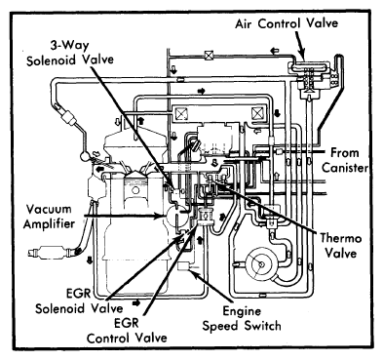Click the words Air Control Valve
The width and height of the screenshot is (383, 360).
[x=287, y=23]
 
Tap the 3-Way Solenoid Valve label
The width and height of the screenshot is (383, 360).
[x=70, y=53]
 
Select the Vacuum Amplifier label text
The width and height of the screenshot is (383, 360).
[x=49, y=217]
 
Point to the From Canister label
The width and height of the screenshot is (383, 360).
[x=345, y=160]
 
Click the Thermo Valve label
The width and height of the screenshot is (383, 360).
[x=341, y=245]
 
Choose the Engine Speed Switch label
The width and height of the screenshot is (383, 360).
[x=242, y=318]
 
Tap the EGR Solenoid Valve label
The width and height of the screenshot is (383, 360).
[x=79, y=301]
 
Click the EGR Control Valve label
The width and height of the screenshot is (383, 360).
[x=127, y=331]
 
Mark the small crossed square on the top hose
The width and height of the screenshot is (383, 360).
[x=209, y=55]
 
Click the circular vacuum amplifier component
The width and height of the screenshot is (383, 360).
[x=176, y=217]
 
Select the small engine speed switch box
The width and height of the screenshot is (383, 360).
[x=183, y=266]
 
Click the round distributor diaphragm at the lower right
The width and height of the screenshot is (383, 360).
[x=261, y=265]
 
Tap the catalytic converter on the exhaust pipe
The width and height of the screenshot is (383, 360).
[x=51, y=253]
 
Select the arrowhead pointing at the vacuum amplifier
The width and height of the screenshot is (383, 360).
[x=161, y=216]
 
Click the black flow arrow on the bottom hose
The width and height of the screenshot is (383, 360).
[x=136, y=303]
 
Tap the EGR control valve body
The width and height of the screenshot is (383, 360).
[x=206, y=217]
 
